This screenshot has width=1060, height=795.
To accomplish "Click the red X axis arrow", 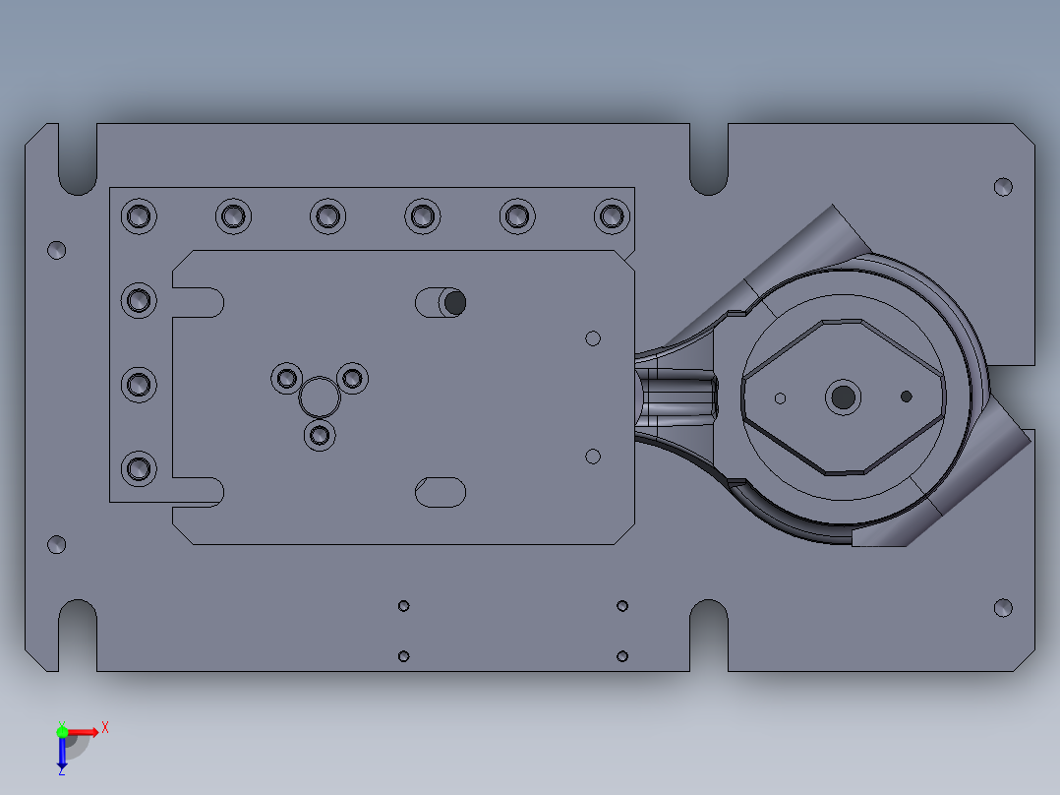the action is click(x=84, y=732).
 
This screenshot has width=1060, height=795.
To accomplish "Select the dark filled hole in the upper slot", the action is click(x=455, y=302).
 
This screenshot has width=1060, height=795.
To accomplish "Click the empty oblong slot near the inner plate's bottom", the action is click(x=441, y=492).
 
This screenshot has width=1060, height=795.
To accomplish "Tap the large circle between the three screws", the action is click(x=319, y=397).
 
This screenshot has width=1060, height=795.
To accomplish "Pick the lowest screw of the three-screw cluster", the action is click(x=320, y=435).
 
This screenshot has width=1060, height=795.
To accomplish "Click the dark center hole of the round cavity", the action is click(x=843, y=397).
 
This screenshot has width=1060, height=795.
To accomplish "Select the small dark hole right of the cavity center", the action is click(x=907, y=397).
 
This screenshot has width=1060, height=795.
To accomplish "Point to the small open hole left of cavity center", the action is click(x=780, y=398).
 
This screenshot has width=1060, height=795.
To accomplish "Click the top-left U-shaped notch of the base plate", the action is click(x=78, y=159).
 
